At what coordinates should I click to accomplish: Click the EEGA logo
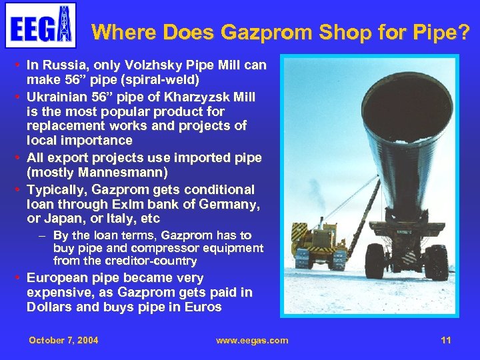(x=41, y=25)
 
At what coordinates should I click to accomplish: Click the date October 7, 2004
(x=63, y=340)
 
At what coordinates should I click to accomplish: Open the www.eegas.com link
(x=252, y=340)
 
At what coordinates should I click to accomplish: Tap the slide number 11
(x=446, y=340)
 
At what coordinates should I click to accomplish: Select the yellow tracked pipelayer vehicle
(x=319, y=247)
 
